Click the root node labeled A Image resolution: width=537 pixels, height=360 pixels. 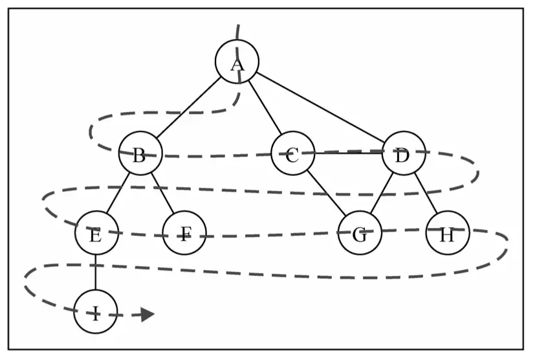(237, 62)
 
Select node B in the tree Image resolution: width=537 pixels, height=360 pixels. (140, 153)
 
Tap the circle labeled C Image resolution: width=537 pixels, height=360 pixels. (292, 153)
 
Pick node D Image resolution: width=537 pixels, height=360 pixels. (404, 153)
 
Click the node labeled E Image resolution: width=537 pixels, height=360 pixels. (96, 233)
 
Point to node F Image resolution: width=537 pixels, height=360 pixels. (184, 233)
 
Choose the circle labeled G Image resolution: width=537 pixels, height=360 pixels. (360, 233)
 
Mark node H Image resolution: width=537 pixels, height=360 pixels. (447, 233)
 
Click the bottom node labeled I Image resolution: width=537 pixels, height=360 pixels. (96, 311)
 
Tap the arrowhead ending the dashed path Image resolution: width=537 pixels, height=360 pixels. (148, 314)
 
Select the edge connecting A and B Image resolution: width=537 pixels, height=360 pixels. (188, 107)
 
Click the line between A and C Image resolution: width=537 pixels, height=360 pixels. (265, 107)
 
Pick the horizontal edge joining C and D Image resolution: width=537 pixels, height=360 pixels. (348, 153)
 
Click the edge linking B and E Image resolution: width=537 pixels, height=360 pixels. (118, 193)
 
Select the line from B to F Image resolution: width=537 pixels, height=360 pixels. (162, 193)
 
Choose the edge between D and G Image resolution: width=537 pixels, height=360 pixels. (382, 193)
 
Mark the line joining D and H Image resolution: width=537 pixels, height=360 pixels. (425, 193)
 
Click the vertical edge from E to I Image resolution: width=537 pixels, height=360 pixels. (96, 272)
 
